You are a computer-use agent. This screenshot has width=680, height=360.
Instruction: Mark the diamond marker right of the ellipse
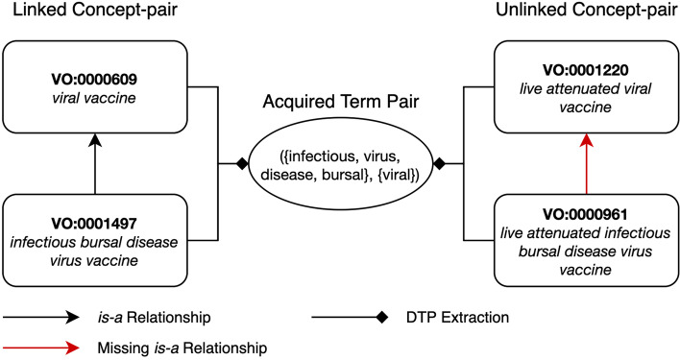[x=439, y=165]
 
